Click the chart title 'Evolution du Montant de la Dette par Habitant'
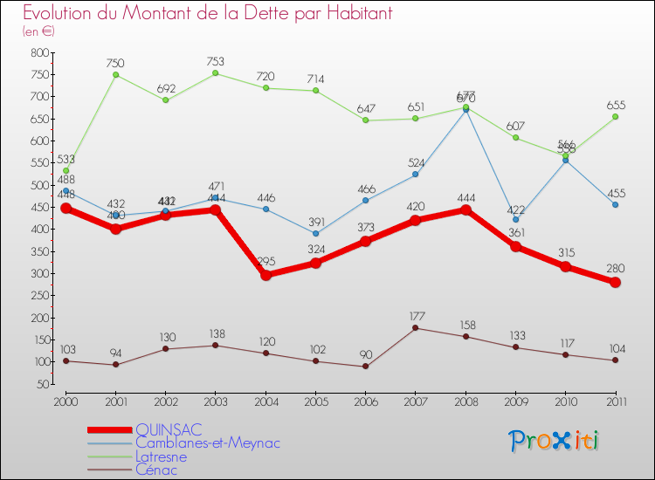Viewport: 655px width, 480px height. pos(208,13)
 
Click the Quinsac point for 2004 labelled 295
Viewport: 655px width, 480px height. pos(265,275)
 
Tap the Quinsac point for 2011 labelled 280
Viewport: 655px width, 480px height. pos(615,282)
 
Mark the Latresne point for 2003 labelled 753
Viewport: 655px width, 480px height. pos(216,73)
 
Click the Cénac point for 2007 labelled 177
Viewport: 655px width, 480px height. pos(415,328)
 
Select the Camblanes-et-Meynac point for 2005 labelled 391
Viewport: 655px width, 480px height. pos(315,233)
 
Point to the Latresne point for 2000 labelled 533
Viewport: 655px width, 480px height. pos(65,170)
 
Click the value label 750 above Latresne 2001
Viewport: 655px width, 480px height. pos(115,63)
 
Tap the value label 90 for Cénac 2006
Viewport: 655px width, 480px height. pos(365,354)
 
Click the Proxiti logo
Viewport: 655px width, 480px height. pos(555,441)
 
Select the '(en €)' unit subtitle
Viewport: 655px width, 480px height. pos(40,31)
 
